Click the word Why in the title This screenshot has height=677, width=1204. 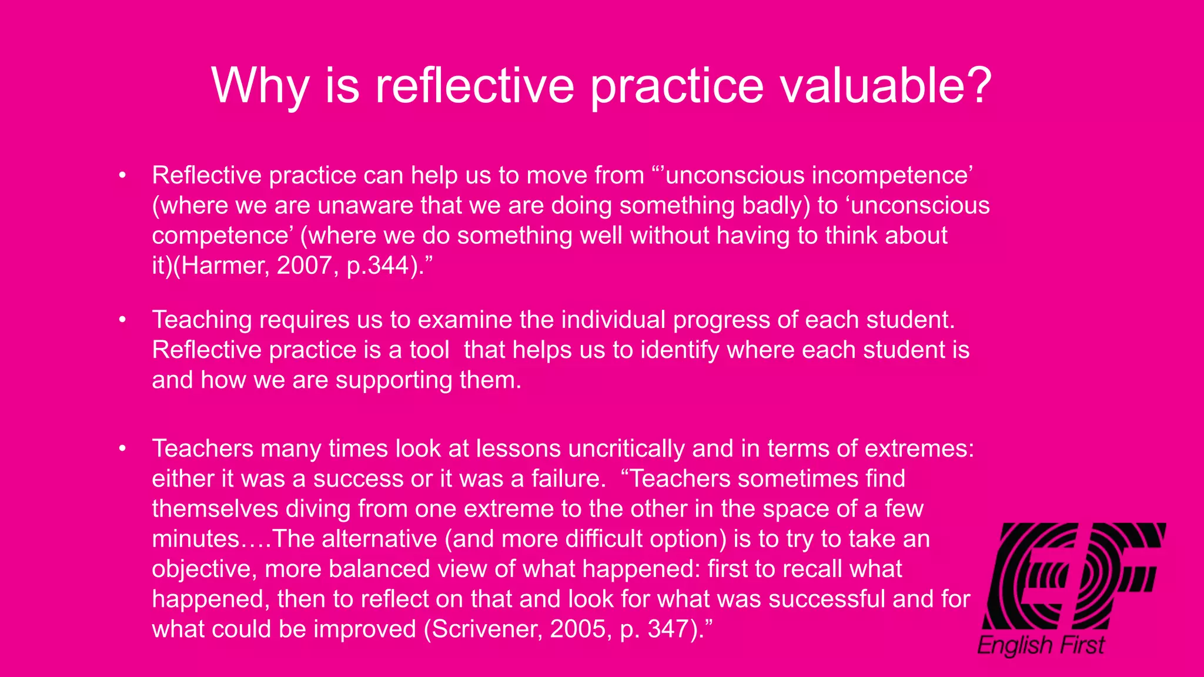[x=259, y=86]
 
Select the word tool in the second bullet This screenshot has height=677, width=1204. [x=429, y=350]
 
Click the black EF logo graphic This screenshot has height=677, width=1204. [x=1073, y=576]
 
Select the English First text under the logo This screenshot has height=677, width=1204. [x=1041, y=645]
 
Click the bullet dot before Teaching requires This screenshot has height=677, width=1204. [x=122, y=320]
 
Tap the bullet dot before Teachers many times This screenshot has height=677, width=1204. [x=122, y=448]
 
